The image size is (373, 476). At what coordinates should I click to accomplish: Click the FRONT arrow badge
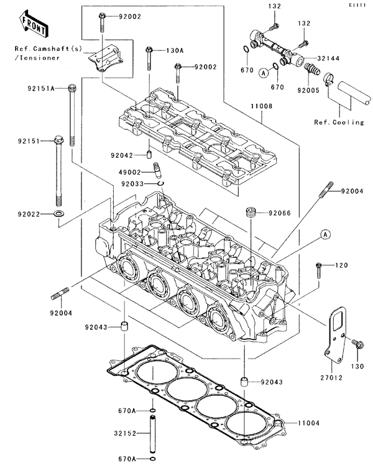pyautogui.click(x=33, y=24)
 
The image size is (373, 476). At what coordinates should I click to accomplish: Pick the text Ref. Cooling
pyautogui.click(x=339, y=122)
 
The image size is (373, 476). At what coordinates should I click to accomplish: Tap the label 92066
pyautogui.click(x=278, y=213)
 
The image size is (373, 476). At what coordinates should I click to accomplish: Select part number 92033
pyautogui.click(x=132, y=183)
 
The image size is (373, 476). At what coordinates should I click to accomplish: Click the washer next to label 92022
pyautogui.click(x=60, y=214)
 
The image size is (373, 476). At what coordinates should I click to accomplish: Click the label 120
pyautogui.click(x=342, y=266)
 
